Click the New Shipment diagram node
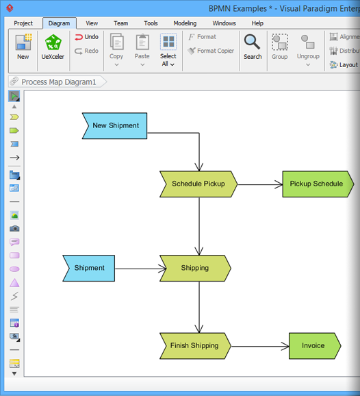(115, 126)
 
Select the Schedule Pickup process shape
(198, 184)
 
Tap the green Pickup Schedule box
(316, 184)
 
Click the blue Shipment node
(89, 268)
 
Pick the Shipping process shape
(195, 268)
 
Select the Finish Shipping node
(194, 346)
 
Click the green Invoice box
(313, 346)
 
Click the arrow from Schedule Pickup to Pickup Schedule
(259, 184)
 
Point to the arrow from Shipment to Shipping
(137, 269)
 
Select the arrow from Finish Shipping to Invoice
(260, 346)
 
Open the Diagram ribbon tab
(59, 23)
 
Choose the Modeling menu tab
(185, 23)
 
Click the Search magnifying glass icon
(253, 43)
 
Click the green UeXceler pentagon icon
(53, 44)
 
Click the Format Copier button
(211, 51)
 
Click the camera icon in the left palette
(14, 228)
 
